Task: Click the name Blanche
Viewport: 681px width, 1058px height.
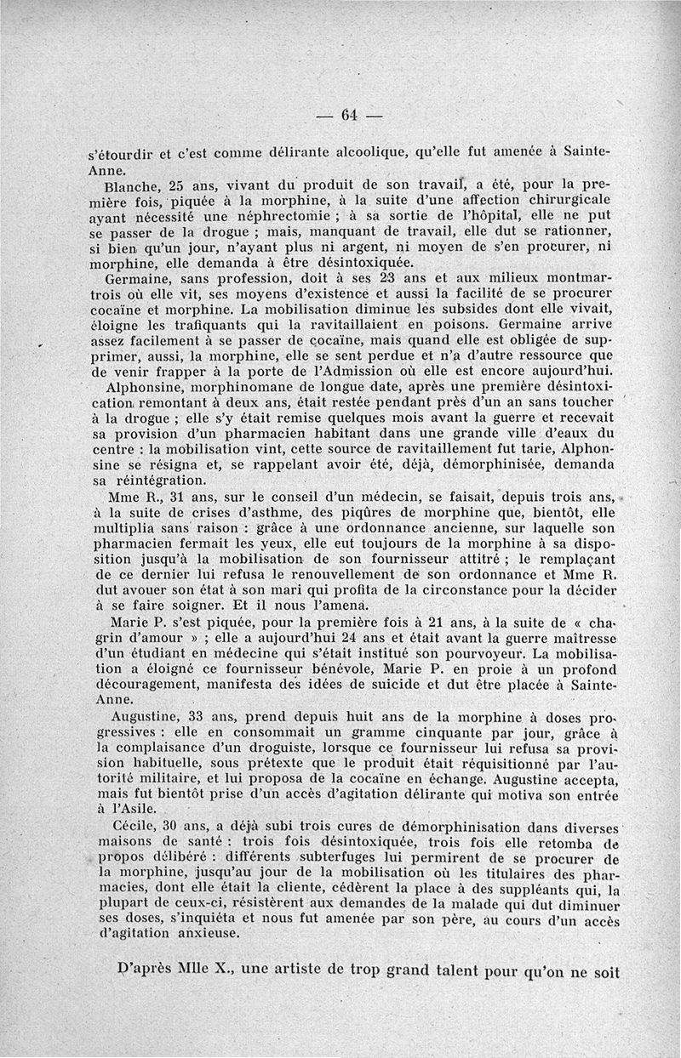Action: pyautogui.click(x=128, y=185)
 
